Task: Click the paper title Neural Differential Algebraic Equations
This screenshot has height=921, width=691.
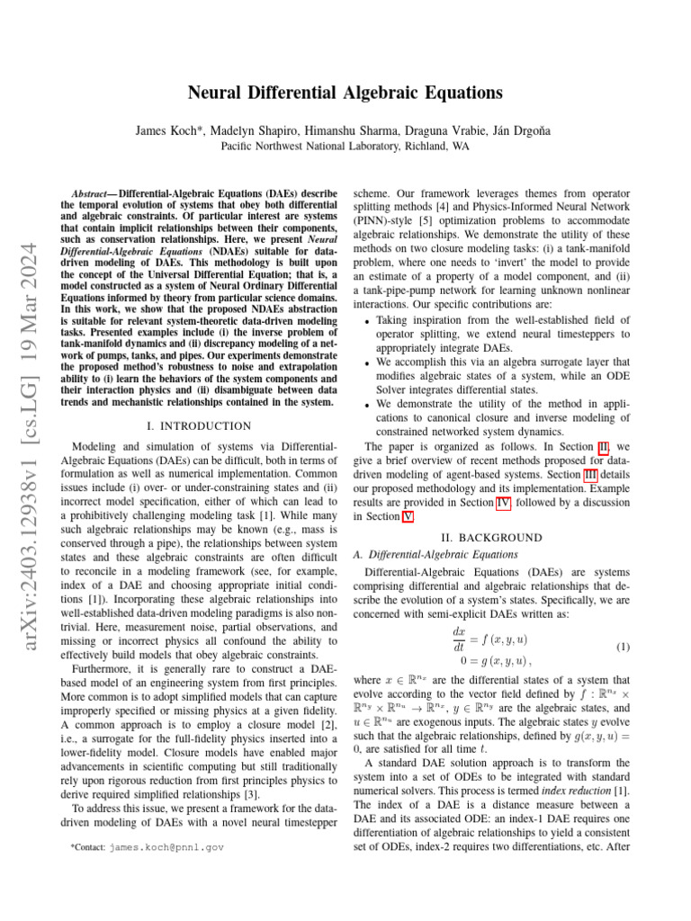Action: click(x=345, y=93)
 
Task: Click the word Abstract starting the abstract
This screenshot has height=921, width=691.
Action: click(x=94, y=193)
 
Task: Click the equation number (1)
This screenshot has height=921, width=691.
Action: click(x=622, y=648)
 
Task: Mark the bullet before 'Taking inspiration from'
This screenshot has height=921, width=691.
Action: click(x=364, y=321)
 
